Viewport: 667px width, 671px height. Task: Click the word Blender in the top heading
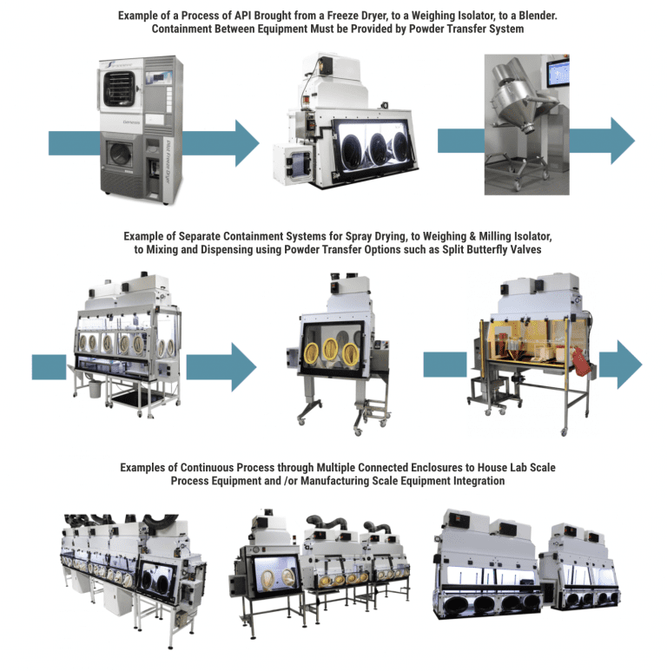point(518,15)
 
